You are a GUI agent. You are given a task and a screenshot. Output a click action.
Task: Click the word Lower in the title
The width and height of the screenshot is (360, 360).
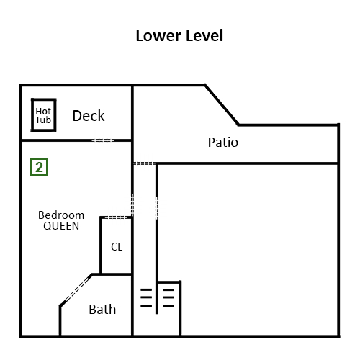(158, 35)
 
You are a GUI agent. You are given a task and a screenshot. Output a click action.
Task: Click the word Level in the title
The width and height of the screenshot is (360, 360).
(204, 35)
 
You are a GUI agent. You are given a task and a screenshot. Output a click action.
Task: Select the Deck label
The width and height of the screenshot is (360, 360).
(89, 116)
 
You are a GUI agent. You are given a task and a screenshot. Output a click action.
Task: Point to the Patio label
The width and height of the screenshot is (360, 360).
(223, 142)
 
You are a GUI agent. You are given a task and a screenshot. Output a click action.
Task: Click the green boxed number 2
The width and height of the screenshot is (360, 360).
(39, 166)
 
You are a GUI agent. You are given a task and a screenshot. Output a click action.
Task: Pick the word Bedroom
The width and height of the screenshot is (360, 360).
(61, 215)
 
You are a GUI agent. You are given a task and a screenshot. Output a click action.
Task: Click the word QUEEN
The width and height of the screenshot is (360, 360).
(61, 226)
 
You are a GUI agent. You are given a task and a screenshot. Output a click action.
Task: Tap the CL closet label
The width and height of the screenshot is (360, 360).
(117, 247)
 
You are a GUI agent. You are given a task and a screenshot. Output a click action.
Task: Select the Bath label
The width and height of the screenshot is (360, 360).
(102, 309)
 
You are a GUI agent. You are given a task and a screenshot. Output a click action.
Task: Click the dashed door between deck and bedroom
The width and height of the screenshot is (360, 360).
(103, 140)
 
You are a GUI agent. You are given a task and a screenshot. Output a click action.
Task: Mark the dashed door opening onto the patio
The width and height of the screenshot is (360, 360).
(145, 163)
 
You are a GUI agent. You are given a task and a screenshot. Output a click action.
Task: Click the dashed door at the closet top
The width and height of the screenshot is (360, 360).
(116, 217)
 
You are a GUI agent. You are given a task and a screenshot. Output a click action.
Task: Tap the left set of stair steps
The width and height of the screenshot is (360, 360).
(146, 297)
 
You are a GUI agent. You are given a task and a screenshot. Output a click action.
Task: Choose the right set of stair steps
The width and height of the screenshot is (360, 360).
(168, 298)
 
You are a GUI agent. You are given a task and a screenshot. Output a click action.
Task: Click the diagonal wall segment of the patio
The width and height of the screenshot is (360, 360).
(222, 104)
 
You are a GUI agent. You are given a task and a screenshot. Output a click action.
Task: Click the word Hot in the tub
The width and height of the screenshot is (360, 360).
(43, 112)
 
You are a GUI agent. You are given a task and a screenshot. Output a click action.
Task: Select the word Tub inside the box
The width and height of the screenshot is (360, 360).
(43, 120)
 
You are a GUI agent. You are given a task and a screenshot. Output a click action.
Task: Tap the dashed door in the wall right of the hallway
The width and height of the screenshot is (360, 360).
(157, 208)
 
